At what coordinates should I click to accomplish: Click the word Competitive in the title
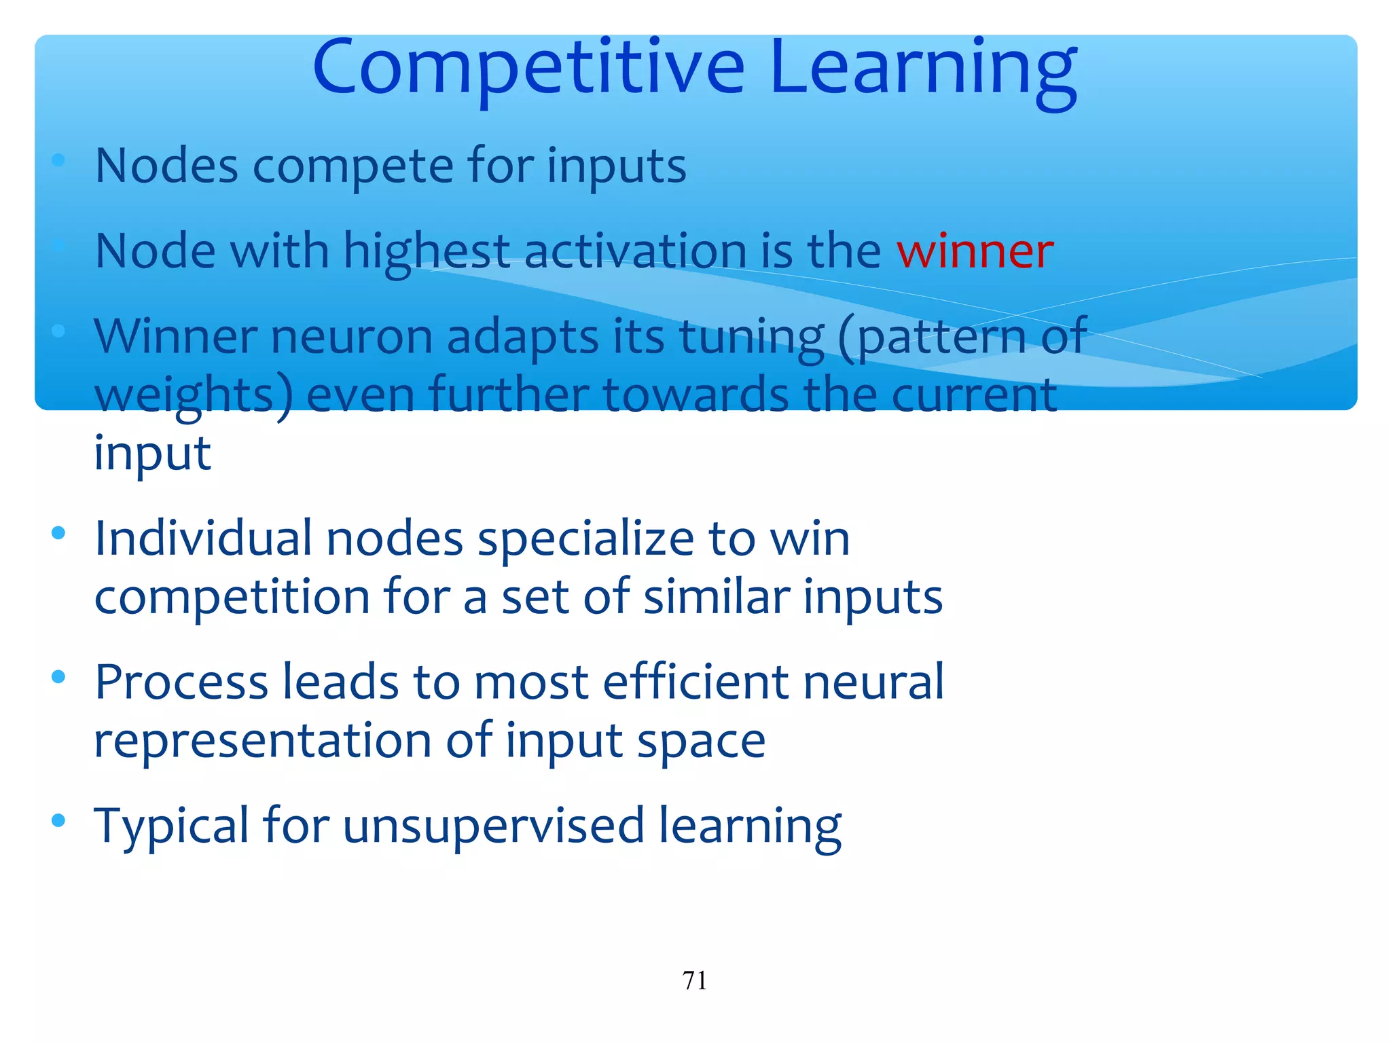(x=528, y=68)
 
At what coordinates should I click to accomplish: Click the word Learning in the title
(x=923, y=68)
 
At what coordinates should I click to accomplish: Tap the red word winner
(x=975, y=251)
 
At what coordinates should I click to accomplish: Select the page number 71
(x=694, y=981)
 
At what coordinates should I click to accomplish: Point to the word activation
(x=634, y=251)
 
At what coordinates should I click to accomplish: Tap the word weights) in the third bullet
(x=193, y=396)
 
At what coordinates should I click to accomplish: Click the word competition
(x=232, y=598)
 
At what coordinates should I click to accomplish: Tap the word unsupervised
(x=493, y=826)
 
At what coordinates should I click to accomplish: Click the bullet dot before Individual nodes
(x=58, y=532)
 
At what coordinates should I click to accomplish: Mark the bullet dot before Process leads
(x=58, y=676)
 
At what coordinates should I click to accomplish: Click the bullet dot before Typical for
(x=58, y=820)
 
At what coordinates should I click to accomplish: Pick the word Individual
(x=203, y=538)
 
